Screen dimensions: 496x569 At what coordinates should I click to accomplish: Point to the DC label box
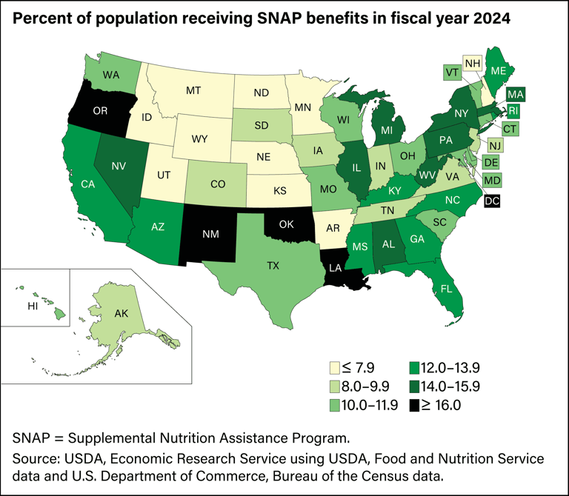point(492,201)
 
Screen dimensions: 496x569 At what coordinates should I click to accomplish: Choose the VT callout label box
point(451,73)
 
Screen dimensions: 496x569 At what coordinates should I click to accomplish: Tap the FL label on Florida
point(447,289)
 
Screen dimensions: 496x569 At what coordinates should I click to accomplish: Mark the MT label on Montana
point(194,91)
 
